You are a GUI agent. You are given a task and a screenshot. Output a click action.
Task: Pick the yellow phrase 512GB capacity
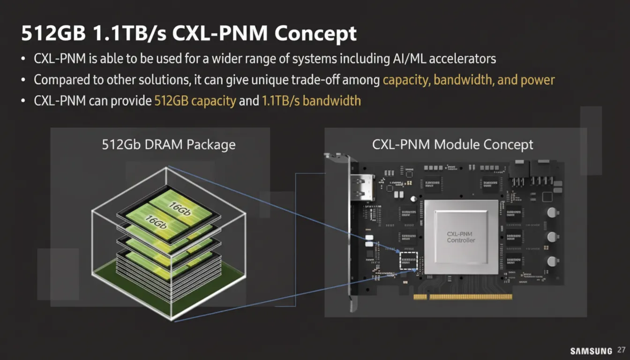[x=195, y=101]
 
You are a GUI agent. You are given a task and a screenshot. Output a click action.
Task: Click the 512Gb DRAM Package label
[x=169, y=144]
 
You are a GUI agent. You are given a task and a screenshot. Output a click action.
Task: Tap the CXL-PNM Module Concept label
[x=452, y=144]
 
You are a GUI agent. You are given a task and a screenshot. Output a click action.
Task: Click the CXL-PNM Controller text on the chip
[x=461, y=237]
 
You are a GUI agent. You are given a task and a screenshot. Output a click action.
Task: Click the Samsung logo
[x=591, y=351]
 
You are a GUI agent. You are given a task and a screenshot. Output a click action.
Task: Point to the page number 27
[x=621, y=350]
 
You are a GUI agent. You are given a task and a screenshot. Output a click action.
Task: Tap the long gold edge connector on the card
[x=471, y=297]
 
